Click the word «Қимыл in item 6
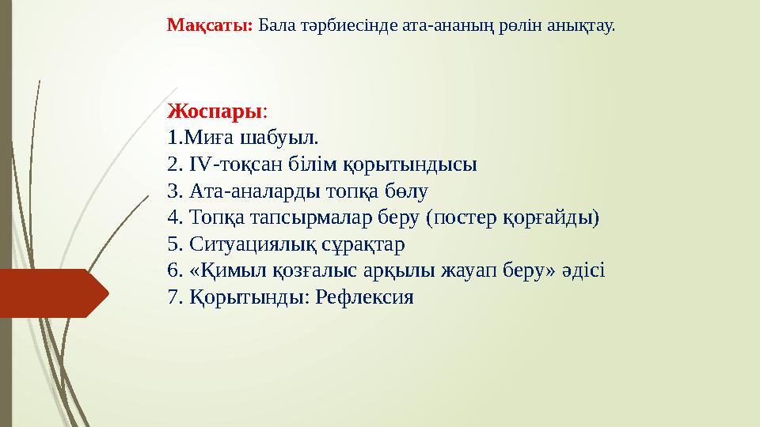(221, 271)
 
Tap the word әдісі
(582, 271)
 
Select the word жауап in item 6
(463, 271)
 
